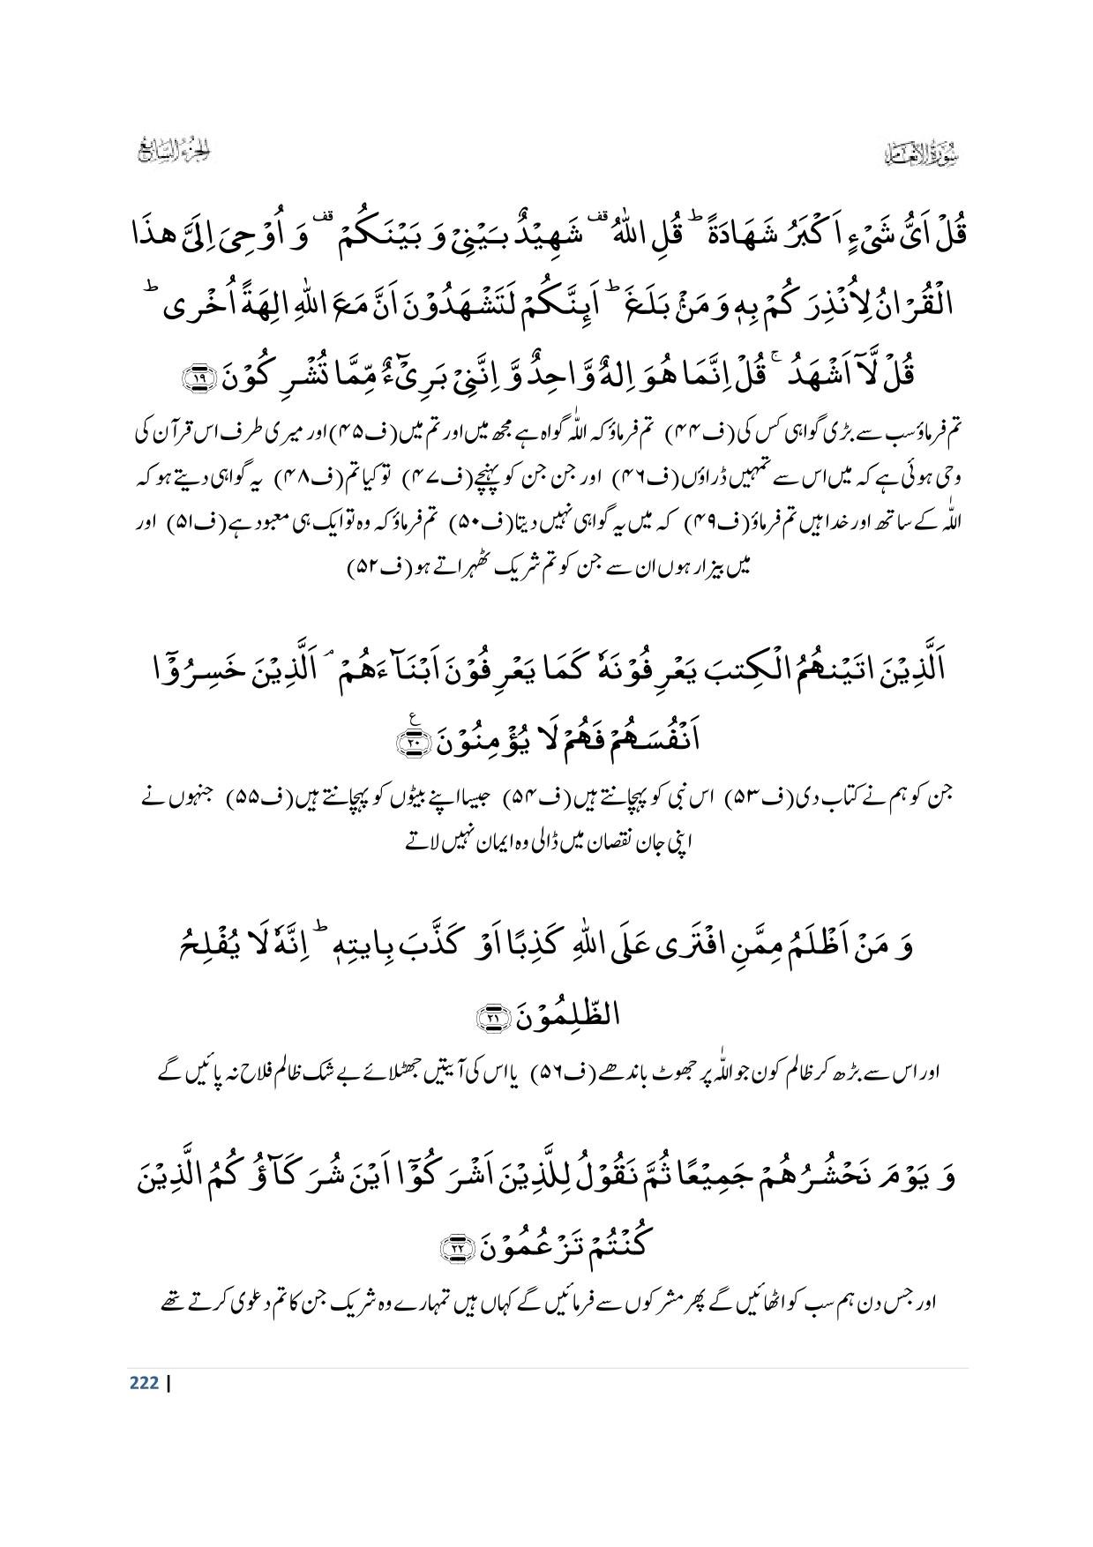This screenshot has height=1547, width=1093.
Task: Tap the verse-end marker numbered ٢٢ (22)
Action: pos(458,1246)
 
